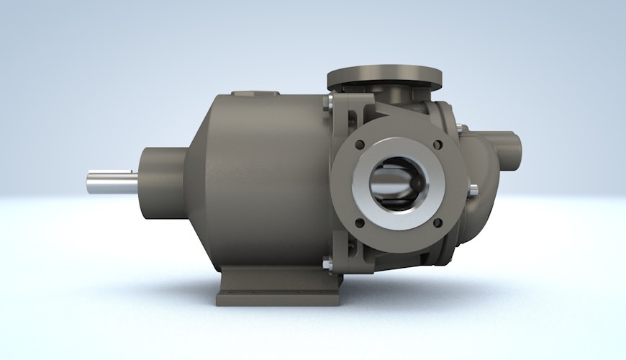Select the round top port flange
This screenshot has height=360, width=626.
[384, 76]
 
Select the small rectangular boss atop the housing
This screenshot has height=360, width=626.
[255, 94]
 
